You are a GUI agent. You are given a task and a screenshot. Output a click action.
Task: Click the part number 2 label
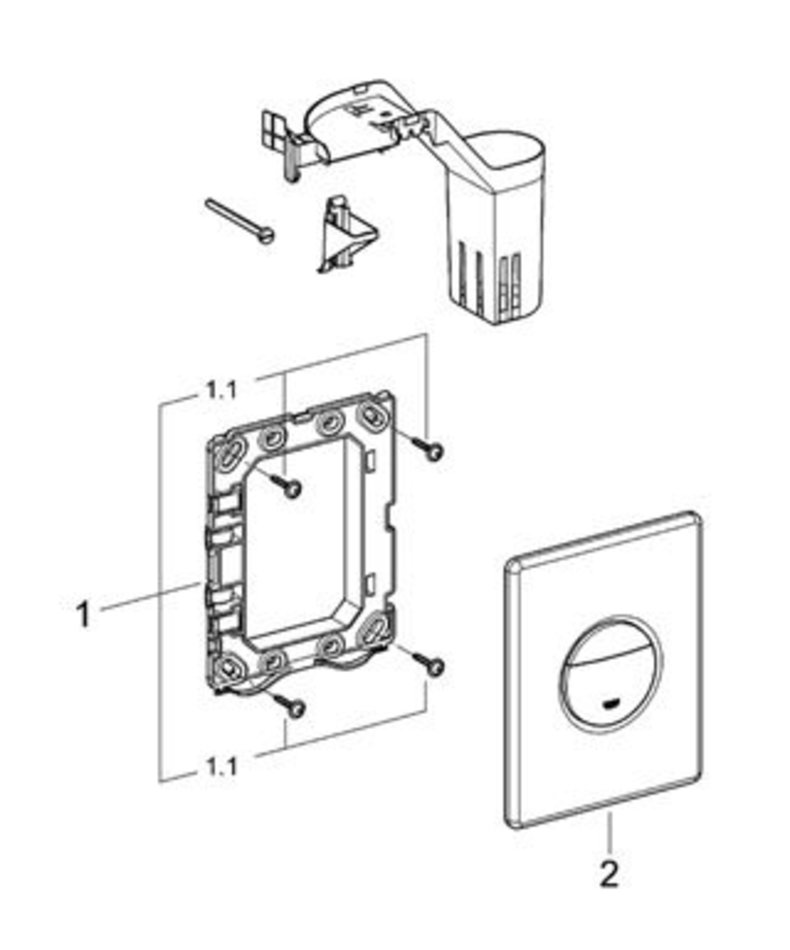609,875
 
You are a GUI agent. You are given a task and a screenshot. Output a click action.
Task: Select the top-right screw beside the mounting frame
432,451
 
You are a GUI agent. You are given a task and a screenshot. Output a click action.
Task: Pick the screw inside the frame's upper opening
290,487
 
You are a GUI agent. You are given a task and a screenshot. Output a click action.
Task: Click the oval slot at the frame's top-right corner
372,415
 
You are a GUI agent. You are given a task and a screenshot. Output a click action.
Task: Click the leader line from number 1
150,594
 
